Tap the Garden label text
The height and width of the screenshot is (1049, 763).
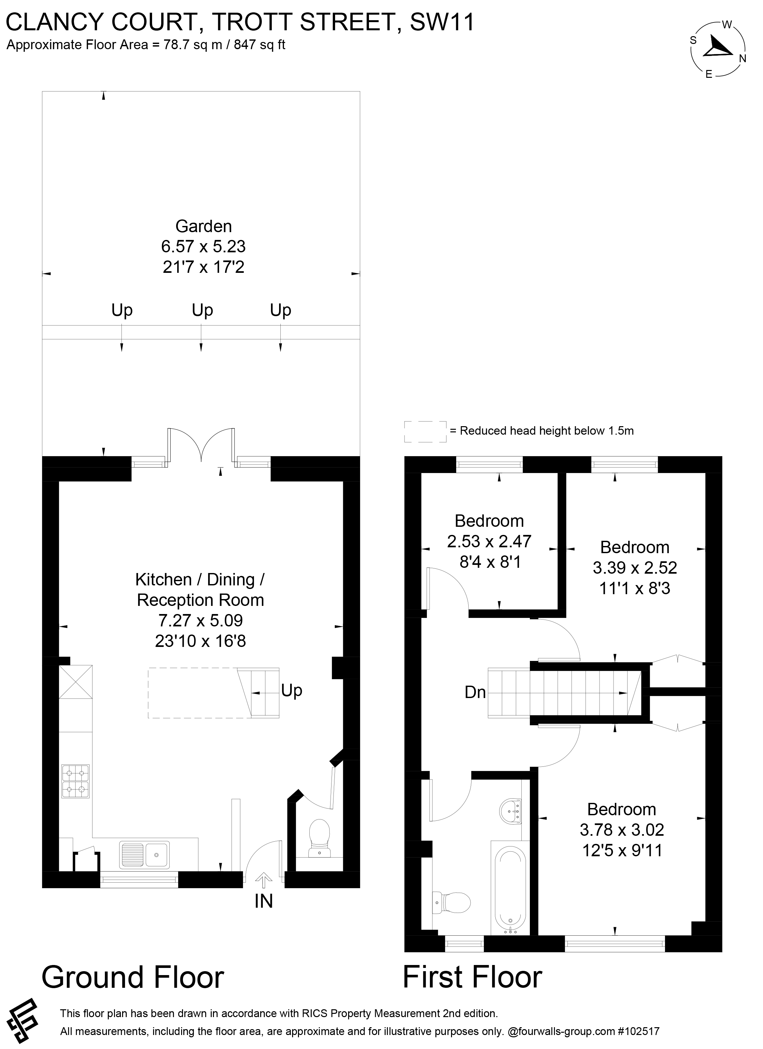point(204,226)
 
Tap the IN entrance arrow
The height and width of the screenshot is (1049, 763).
point(264,880)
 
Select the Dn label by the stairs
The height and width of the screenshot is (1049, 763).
point(475,692)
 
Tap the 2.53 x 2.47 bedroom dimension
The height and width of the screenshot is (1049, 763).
point(489,541)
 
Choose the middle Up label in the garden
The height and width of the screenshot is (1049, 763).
point(202,310)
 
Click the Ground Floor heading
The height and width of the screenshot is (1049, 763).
point(133,977)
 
